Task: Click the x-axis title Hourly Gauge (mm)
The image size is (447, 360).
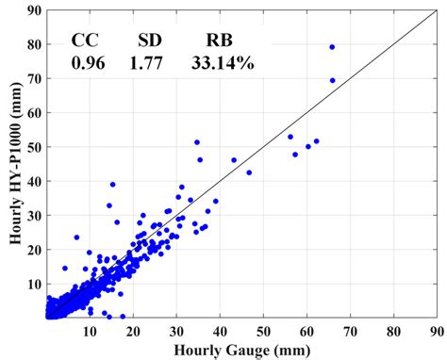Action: pyautogui.click(x=241, y=350)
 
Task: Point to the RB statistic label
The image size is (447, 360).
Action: pyautogui.click(x=221, y=41)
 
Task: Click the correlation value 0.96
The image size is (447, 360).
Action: pyautogui.click(x=88, y=63)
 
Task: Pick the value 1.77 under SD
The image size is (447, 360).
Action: pyautogui.click(x=151, y=63)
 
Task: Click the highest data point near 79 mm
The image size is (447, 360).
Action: pyautogui.click(x=332, y=47)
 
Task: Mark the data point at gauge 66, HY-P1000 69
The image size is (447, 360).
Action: pyautogui.click(x=332, y=80)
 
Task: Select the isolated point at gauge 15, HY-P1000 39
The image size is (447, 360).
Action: pyautogui.click(x=112, y=184)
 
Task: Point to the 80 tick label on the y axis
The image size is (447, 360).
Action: pyautogui.click(x=35, y=44)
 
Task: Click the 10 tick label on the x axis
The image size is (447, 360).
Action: pyautogui.click(x=90, y=331)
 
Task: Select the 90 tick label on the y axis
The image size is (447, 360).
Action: pyautogui.click(x=35, y=10)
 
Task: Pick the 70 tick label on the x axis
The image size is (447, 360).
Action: pyautogui.click(x=350, y=331)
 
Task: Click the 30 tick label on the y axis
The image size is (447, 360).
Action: pyautogui.click(x=35, y=216)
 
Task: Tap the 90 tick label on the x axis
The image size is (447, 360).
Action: pyautogui.click(x=436, y=331)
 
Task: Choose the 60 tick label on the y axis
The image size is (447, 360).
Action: pyautogui.click(x=35, y=113)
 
